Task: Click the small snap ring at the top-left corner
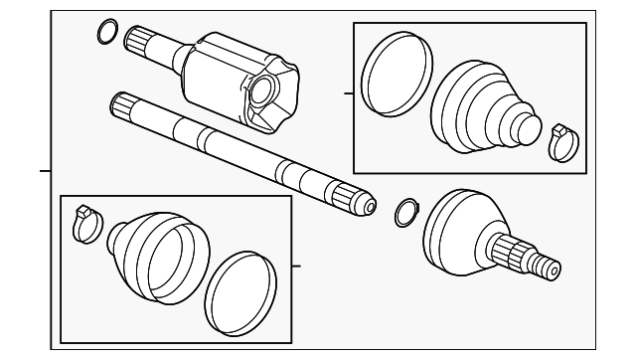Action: (x=105, y=32)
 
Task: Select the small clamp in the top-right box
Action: (x=560, y=141)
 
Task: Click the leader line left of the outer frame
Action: (x=45, y=171)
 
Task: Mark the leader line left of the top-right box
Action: (x=348, y=93)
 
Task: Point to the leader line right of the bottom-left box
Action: (x=295, y=265)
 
